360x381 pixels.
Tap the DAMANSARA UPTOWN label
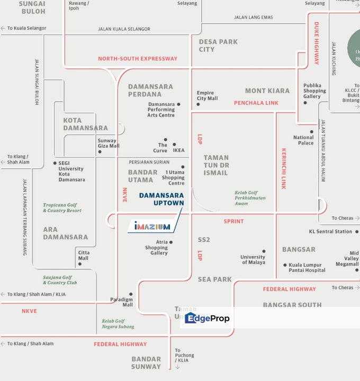(161, 199)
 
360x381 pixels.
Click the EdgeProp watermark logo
(207, 319)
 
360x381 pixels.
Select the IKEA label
(179, 150)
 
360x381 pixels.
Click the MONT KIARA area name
(267, 91)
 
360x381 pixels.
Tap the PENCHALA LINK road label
(256, 103)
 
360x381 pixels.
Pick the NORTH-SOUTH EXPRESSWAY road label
(138, 59)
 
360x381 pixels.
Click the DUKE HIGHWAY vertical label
(317, 43)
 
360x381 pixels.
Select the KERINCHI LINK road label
(284, 168)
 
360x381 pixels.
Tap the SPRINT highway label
(233, 222)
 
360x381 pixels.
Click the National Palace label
(303, 140)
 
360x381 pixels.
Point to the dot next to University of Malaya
(264, 252)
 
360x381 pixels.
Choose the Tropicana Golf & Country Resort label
(62, 207)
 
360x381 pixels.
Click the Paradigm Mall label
(121, 302)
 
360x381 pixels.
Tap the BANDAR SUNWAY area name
(146, 363)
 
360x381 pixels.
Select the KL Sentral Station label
(330, 232)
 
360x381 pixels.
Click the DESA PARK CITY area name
(218, 46)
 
